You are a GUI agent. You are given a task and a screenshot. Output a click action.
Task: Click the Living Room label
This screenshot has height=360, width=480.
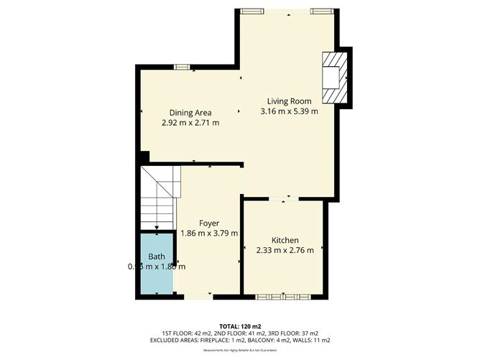pyautogui.click(x=289, y=101)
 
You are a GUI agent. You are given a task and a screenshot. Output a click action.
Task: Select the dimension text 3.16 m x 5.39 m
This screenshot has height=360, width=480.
pyautogui.click(x=289, y=111)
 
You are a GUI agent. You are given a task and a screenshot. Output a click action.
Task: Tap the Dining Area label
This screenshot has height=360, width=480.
pyautogui.click(x=190, y=113)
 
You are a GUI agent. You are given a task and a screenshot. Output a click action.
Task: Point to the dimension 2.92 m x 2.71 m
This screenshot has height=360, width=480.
pyautogui.click(x=190, y=123)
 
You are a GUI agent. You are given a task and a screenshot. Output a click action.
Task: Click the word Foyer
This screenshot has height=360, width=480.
pyautogui.click(x=210, y=223)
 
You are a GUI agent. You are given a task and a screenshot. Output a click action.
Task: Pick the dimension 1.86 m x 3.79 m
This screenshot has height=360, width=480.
pyautogui.click(x=210, y=233)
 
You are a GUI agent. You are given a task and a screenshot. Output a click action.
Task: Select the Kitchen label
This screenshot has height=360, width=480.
pyautogui.click(x=285, y=240)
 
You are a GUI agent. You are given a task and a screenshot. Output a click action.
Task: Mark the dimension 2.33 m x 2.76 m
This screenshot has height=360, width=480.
pyautogui.click(x=285, y=250)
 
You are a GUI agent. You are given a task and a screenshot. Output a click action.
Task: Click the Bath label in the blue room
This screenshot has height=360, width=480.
pyautogui.click(x=156, y=257)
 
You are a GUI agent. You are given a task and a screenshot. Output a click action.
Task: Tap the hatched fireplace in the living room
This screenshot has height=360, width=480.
pyautogui.click(x=333, y=78)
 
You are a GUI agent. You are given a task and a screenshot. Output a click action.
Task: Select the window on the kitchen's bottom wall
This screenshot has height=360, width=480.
pyautogui.click(x=283, y=296)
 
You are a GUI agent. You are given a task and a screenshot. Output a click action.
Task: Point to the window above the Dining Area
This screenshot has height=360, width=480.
pyautogui.click(x=183, y=67)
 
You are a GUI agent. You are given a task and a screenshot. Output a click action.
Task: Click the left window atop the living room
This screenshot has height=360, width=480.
pyautogui.click(x=251, y=10)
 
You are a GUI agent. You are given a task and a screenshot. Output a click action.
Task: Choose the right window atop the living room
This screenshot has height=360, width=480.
pyautogui.click(x=321, y=10)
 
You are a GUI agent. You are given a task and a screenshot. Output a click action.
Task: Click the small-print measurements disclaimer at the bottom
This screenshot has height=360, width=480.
pyautogui.click(x=239, y=350)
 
